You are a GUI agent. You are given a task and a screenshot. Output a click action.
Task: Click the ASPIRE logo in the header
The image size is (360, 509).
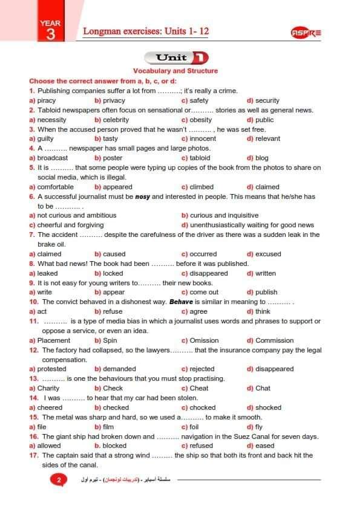click(306, 33)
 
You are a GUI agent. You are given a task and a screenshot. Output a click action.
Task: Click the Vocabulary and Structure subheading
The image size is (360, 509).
click(175, 71)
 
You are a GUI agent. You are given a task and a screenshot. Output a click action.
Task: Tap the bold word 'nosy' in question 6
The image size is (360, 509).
click(142, 196)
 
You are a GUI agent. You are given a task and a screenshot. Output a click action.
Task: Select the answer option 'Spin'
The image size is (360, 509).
click(110, 340)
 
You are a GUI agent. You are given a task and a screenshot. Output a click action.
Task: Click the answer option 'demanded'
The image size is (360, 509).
click(119, 369)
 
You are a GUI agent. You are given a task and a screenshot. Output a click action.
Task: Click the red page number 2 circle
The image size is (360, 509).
click(59, 481)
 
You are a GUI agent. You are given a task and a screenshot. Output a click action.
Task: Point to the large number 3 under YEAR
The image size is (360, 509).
click(50, 34)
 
